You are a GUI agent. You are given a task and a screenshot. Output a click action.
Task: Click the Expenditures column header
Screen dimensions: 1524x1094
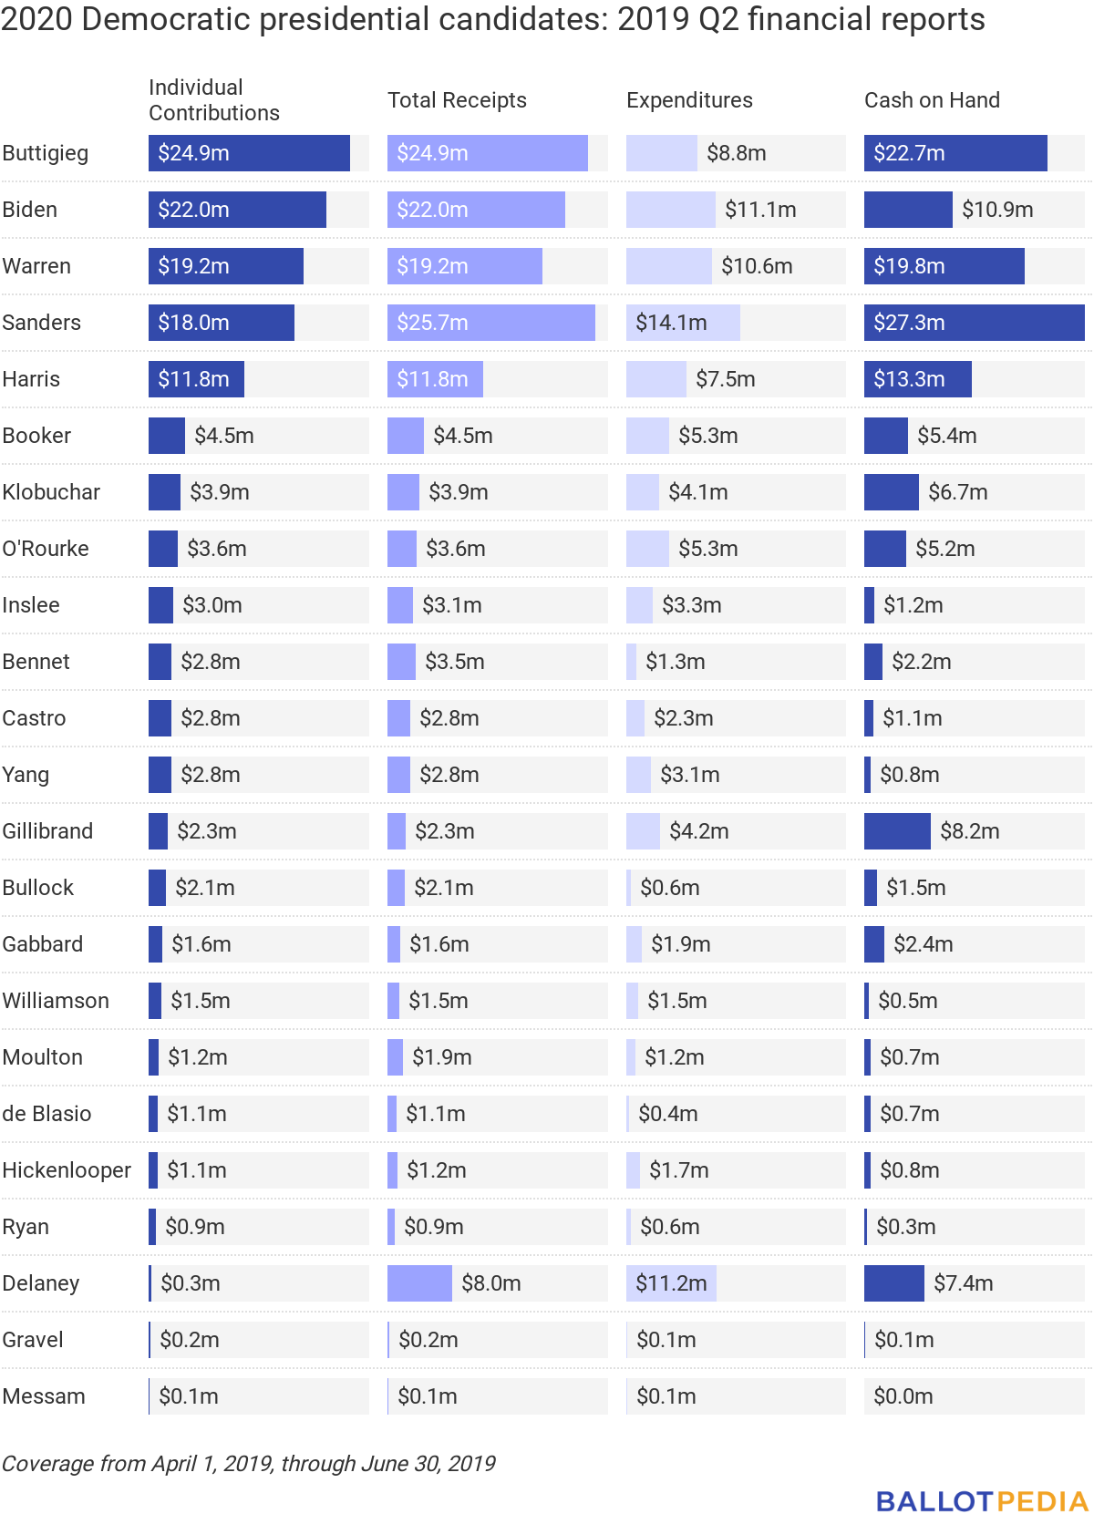pos(689,100)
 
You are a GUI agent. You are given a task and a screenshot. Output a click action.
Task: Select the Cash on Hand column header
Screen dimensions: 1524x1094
pos(932,100)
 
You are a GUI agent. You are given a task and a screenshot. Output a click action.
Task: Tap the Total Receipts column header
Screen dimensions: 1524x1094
pos(457,100)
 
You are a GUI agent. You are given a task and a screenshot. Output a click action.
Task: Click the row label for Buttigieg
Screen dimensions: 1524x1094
pos(46,153)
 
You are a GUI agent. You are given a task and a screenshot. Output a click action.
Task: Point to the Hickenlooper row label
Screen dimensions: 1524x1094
pos(67,1170)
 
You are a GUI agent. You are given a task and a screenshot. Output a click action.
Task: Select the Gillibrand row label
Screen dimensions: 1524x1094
pos(47,831)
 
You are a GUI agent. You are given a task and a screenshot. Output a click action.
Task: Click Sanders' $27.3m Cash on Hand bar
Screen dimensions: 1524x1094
pos(974,323)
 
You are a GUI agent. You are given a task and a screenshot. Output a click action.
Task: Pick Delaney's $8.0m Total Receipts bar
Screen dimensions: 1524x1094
pos(419,1283)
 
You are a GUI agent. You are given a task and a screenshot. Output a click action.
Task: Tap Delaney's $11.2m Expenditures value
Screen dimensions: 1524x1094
pos(671,1283)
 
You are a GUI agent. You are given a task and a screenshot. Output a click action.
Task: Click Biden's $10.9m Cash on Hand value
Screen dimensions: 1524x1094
pos(997,210)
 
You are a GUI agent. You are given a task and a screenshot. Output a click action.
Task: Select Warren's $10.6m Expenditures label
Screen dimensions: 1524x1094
pos(757,266)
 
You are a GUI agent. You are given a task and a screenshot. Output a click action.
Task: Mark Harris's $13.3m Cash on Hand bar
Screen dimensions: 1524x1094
pos(917,379)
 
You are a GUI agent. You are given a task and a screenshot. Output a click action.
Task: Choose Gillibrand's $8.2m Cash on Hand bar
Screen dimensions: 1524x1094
pos(897,831)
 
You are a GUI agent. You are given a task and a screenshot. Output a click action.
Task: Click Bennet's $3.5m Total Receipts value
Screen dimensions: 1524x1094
pos(455,662)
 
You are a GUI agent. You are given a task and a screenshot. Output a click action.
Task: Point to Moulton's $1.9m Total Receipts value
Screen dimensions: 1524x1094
pos(442,1057)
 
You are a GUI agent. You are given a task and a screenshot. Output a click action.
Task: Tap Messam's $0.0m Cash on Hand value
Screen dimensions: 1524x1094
pos(903,1396)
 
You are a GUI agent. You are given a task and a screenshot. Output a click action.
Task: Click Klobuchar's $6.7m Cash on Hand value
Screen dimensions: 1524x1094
pos(957,492)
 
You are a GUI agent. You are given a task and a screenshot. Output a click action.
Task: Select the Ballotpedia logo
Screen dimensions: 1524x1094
pos(981,1501)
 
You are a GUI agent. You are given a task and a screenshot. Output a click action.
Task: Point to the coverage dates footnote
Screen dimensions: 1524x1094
pos(248,1464)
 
